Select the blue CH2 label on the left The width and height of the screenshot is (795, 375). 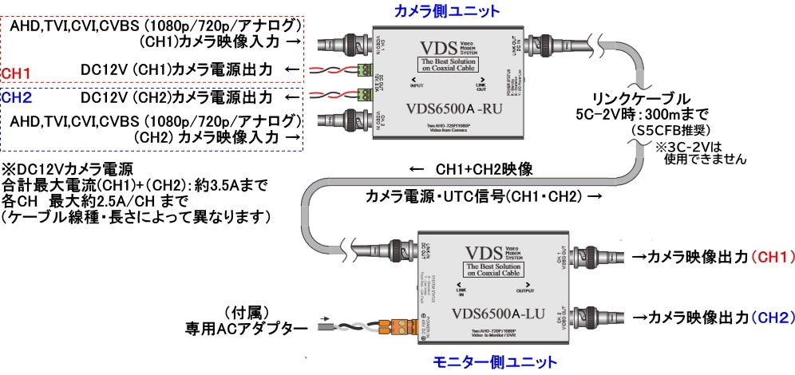pos(17,99)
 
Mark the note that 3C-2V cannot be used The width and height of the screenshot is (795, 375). pos(700,152)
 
